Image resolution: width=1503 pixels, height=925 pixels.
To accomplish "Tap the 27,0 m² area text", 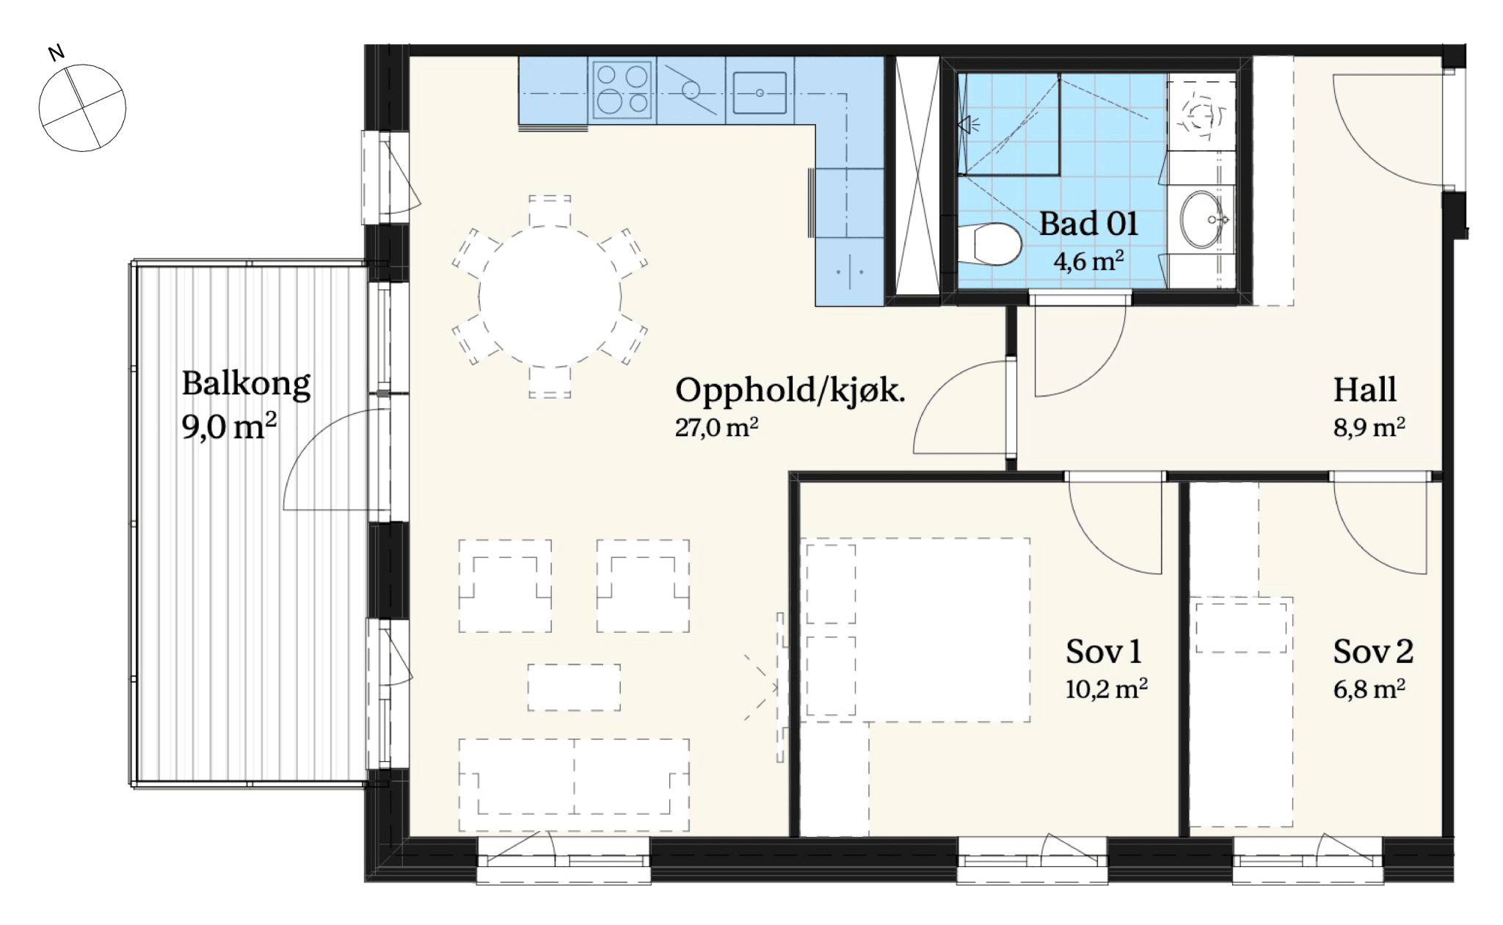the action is [716, 427].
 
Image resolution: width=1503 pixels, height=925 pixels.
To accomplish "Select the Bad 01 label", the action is [1088, 223].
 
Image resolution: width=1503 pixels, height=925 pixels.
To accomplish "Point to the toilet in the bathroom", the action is [989, 244].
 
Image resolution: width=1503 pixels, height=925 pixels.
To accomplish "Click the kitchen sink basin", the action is [760, 92].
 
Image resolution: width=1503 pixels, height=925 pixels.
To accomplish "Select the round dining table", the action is [550, 297].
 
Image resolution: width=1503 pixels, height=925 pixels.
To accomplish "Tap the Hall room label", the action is [1364, 390].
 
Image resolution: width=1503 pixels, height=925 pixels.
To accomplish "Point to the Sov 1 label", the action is [1103, 651].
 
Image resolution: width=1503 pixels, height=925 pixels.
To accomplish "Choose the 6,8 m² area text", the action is [1369, 689].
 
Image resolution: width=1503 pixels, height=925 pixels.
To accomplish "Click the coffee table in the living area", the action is [574, 687].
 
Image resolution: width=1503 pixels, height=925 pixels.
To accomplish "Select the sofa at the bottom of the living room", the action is [574, 785].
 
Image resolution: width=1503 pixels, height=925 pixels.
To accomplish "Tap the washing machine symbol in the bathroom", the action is [1201, 115].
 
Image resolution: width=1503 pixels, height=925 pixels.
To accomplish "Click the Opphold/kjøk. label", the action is [790, 390].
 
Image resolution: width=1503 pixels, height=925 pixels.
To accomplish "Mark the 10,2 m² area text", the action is [1106, 689].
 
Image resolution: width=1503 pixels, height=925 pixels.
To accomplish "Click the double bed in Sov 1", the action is [917, 630].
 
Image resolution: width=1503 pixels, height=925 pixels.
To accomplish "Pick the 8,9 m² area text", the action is [1369, 427].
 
